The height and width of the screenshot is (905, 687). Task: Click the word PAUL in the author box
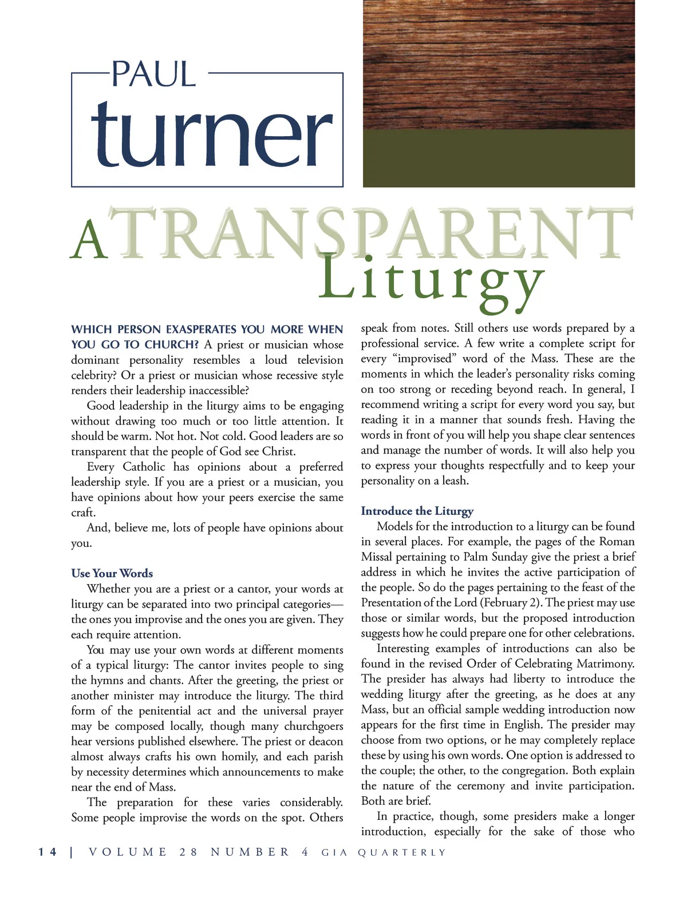coord(153,74)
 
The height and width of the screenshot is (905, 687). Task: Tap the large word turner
coord(211,135)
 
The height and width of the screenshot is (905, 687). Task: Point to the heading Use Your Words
coord(112,573)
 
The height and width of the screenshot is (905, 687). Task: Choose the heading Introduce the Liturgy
coord(417,511)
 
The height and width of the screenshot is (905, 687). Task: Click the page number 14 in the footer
coord(48,852)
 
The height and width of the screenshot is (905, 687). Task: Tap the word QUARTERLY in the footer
coord(401,853)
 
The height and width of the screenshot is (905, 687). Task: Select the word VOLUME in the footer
coord(128,852)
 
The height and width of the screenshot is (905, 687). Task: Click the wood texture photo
coord(499,64)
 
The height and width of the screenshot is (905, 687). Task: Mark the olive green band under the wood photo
coord(499,158)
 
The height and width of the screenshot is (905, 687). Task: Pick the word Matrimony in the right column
coord(606,664)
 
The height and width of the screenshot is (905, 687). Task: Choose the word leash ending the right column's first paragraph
coord(455,481)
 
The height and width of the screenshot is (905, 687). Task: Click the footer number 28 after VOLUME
coord(188,852)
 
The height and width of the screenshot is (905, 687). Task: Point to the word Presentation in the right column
coord(390,602)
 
